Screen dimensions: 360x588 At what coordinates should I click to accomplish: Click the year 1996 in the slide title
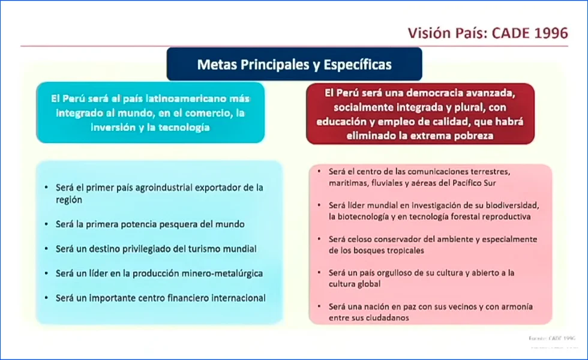click(x=548, y=33)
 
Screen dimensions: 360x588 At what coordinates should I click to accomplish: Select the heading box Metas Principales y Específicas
click(x=294, y=64)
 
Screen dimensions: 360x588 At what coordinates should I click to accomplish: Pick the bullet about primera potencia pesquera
click(x=150, y=224)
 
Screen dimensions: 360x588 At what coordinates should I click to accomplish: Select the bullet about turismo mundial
click(x=156, y=248)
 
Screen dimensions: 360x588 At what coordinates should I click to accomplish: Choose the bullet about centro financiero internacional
click(x=161, y=298)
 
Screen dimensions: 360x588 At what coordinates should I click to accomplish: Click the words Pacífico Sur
click(x=476, y=182)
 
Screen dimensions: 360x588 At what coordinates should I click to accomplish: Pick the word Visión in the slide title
click(x=428, y=33)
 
